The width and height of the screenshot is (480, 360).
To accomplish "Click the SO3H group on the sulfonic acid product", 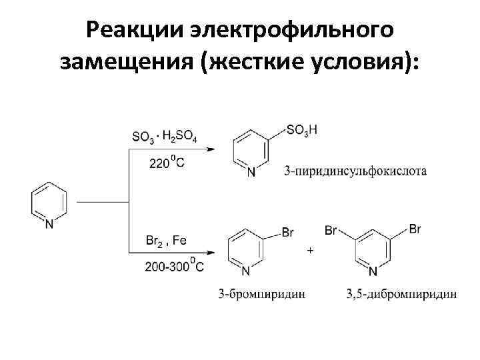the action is pos(301,131).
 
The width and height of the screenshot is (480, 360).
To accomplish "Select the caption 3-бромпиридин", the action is pos(262,293).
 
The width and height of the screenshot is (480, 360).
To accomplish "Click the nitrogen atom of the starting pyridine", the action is pos(49,225).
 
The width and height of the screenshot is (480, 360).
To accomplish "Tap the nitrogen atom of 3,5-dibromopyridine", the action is pos(373,271).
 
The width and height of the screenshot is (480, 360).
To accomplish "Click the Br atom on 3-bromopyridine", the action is pos(288,233).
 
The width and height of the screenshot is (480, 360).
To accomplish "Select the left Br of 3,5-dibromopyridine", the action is pos(331,231).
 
